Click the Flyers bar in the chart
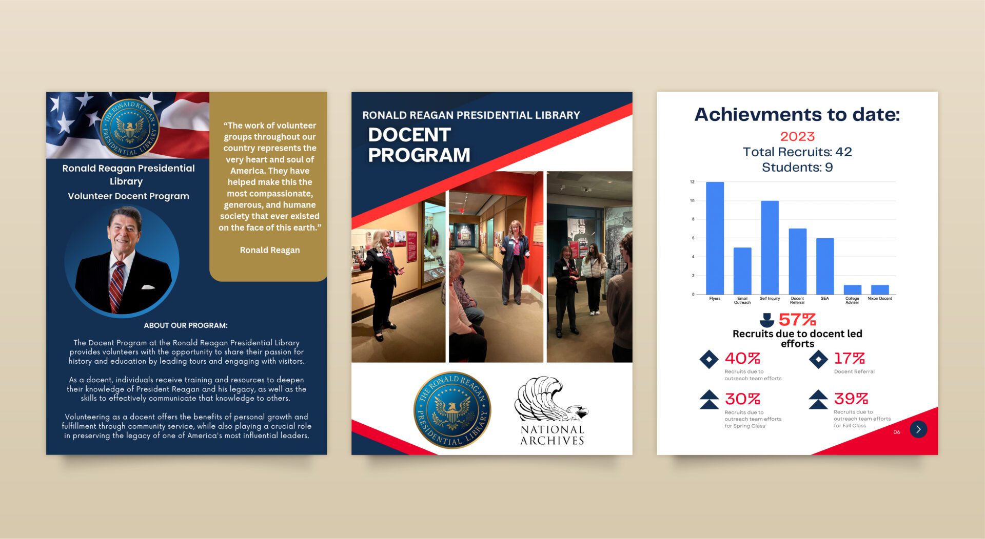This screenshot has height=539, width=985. click(x=715, y=238)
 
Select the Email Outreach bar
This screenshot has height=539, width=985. click(x=742, y=271)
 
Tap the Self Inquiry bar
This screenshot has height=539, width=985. click(x=770, y=247)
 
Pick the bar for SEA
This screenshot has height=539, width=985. click(x=825, y=266)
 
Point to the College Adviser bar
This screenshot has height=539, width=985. click(x=853, y=289)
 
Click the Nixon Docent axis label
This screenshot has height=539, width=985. click(x=880, y=298)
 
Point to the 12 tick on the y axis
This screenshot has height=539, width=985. click(x=692, y=182)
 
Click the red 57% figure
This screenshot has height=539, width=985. click(x=797, y=320)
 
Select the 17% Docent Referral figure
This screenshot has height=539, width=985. click(x=850, y=358)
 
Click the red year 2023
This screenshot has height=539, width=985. click(x=797, y=136)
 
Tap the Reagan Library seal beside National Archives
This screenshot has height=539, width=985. click(x=452, y=410)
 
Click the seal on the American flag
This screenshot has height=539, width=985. click(x=129, y=128)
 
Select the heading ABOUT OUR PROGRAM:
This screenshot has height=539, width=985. click(x=186, y=325)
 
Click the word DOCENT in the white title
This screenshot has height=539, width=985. click(x=409, y=135)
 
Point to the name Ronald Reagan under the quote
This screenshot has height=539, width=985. click(x=270, y=250)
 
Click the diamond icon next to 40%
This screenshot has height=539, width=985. click(x=709, y=359)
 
